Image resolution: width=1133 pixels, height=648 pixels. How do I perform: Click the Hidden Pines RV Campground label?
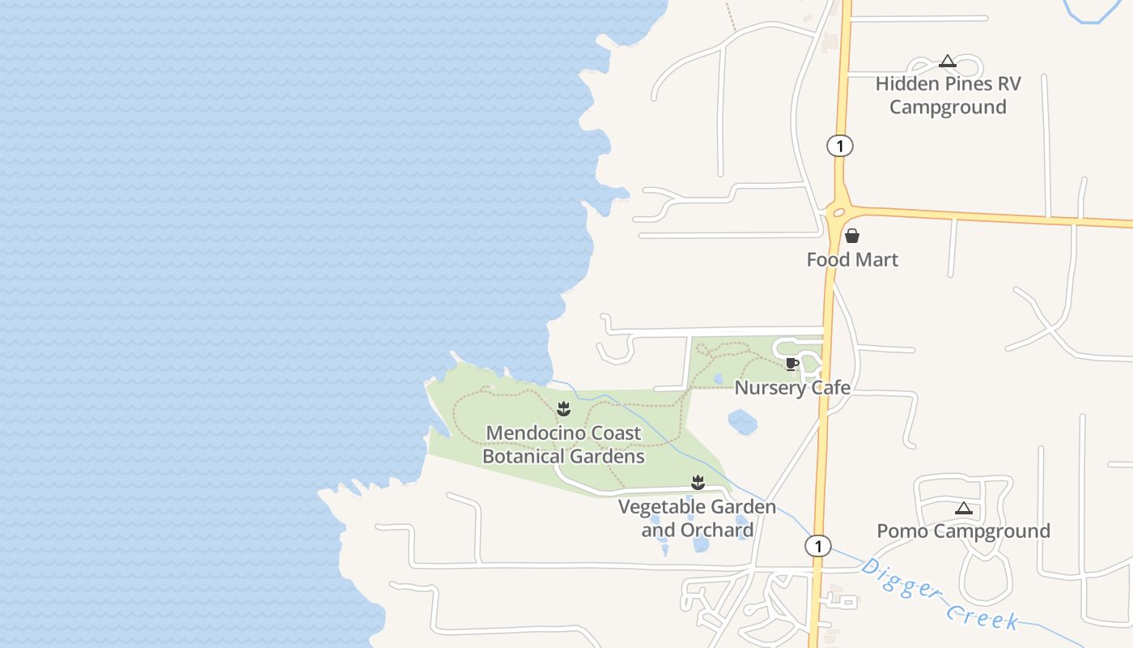click(948, 96)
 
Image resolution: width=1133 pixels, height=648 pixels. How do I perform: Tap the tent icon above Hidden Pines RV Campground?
click(948, 62)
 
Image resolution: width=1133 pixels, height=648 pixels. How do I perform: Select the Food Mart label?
click(852, 260)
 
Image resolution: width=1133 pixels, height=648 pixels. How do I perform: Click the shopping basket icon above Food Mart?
click(852, 237)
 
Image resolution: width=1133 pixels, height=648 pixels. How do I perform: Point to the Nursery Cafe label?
click(792, 388)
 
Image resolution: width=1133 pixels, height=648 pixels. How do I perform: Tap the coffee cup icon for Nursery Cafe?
click(791, 364)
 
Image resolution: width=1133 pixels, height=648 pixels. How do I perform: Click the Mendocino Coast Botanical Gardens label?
click(563, 445)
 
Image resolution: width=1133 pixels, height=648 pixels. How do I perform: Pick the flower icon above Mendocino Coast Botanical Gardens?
click(564, 409)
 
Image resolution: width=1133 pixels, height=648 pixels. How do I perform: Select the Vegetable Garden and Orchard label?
click(697, 518)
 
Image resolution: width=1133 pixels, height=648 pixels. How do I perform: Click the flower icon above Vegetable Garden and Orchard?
click(698, 484)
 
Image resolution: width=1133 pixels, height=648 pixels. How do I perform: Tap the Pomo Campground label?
click(963, 531)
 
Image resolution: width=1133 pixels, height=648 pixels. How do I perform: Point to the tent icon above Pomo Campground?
click(963, 509)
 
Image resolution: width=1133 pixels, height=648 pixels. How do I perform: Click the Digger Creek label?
click(939, 594)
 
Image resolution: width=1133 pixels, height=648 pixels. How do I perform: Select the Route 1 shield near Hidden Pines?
click(840, 146)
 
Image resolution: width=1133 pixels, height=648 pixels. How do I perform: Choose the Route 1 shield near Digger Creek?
click(818, 546)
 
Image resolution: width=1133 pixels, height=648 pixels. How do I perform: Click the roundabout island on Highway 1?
click(838, 213)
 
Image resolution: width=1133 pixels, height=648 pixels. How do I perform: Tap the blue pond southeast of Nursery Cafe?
click(742, 421)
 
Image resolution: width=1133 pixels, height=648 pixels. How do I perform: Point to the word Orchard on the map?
click(715, 531)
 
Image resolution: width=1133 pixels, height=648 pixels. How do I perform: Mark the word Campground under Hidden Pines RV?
click(948, 107)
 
